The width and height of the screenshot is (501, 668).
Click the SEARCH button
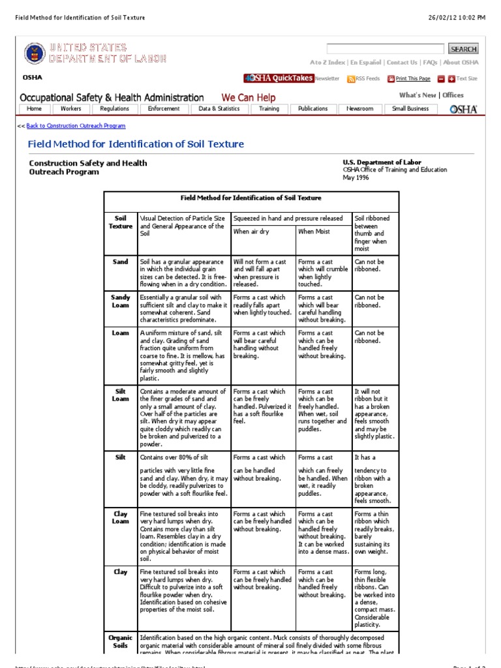point(463,49)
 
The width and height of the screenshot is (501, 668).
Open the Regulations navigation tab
point(114,109)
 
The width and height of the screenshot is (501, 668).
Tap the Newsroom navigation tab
point(359,109)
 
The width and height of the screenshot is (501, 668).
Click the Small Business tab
point(410,109)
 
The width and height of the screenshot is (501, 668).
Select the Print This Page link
point(409,79)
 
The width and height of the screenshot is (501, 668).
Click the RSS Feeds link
point(363,79)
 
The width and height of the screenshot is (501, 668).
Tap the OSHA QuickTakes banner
point(279,78)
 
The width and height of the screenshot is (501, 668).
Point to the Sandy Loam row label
point(121,301)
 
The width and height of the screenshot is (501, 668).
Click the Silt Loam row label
point(121,395)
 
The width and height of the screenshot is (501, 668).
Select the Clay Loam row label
point(121,517)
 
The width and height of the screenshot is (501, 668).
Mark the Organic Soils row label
point(121,641)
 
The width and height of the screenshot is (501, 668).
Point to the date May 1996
point(356,177)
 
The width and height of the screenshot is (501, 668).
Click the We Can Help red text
point(249,98)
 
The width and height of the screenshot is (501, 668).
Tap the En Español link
point(367,63)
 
